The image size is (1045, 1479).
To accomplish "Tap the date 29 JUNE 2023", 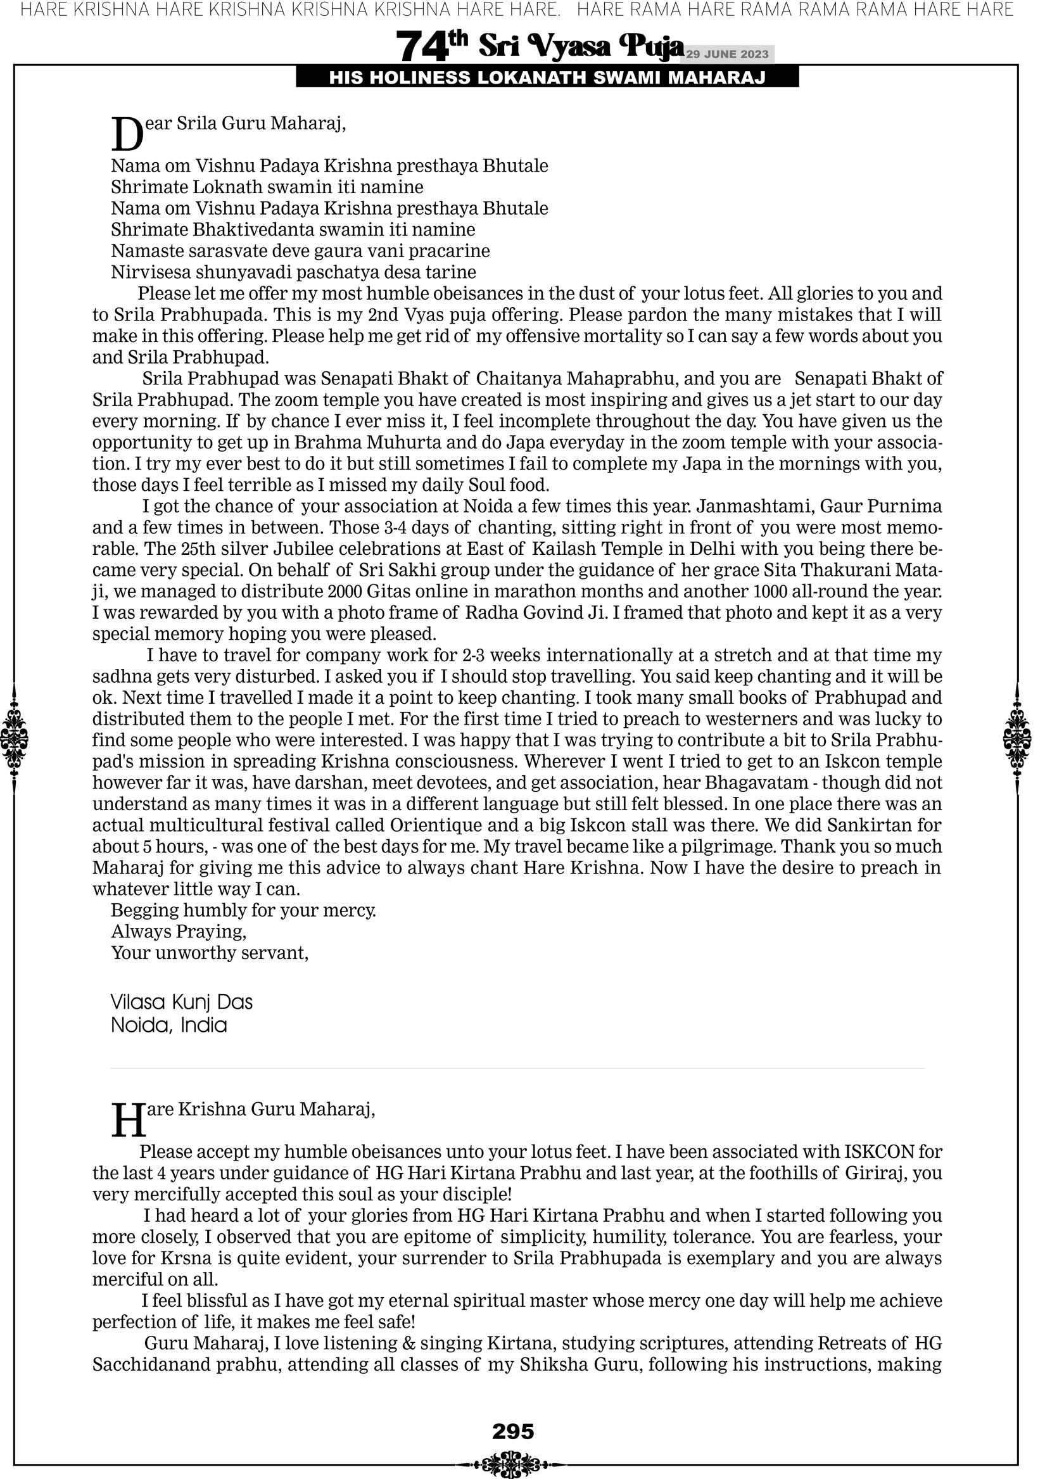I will [726, 54].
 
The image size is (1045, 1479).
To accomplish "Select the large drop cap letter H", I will [128, 1122].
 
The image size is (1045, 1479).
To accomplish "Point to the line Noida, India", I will [169, 1025].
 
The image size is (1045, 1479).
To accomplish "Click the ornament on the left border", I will [14, 739].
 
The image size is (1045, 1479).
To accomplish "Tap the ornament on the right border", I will [1017, 739].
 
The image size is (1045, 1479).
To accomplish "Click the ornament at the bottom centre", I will [513, 1464].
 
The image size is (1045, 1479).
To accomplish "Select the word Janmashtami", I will [753, 506].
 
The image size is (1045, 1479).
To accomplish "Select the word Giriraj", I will [870, 1173].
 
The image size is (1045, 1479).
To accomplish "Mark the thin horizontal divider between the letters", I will [517, 1069].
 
